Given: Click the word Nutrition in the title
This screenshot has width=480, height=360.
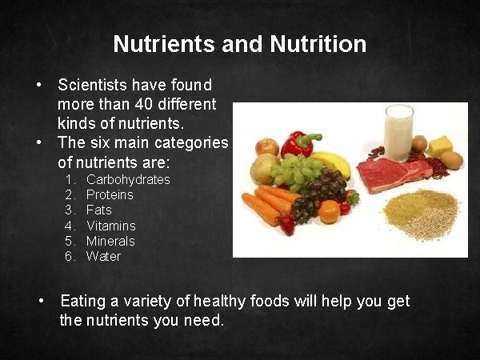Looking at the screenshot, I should [x=320, y=43].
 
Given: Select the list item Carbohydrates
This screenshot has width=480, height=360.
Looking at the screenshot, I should [x=128, y=179].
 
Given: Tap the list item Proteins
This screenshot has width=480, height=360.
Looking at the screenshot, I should [x=110, y=194].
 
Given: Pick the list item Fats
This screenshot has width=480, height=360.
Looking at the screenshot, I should [x=99, y=210].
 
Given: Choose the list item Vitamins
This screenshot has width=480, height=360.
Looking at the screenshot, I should [x=111, y=226].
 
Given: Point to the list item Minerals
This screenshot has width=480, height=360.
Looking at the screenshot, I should [x=110, y=241].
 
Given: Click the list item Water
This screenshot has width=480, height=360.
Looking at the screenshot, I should [x=103, y=256].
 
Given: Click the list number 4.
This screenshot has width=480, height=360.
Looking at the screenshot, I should [x=70, y=226].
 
